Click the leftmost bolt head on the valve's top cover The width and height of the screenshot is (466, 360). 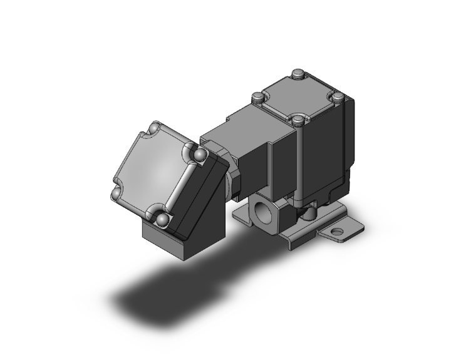pos(257,98)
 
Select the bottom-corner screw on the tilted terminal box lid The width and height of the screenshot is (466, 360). pos(162,220)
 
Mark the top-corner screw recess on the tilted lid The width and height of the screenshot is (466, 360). pos(153,129)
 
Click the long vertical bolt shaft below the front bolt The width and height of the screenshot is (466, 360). pos(300,163)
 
